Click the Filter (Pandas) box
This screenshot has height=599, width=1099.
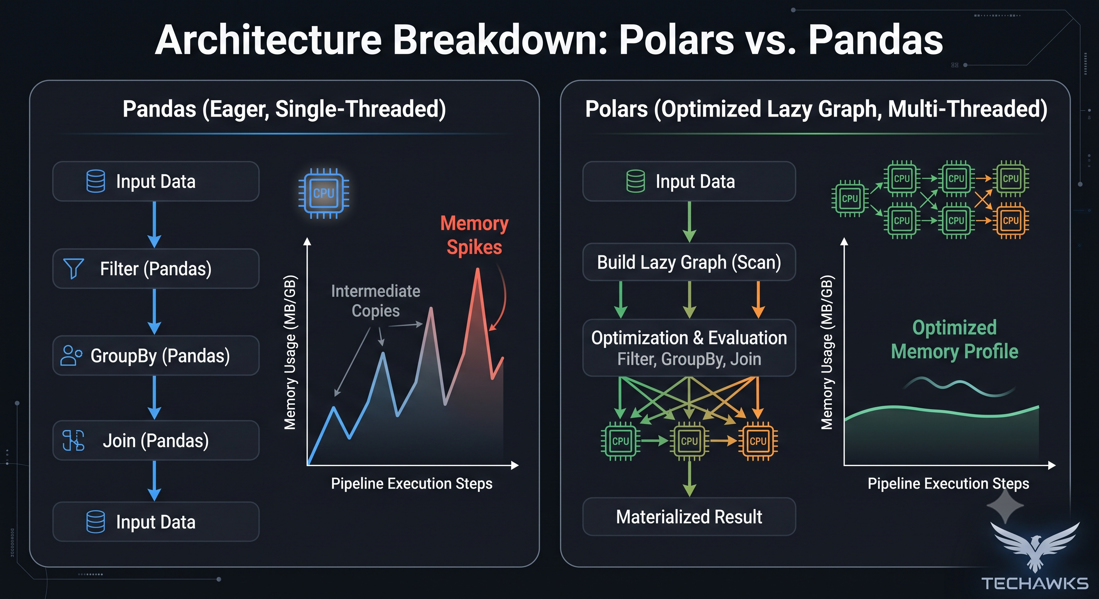click(156, 269)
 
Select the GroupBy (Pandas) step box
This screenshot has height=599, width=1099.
click(156, 356)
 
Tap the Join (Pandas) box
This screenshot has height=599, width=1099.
click(156, 440)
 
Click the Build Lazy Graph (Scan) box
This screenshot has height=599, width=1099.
click(689, 262)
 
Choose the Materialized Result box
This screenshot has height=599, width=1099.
click(689, 517)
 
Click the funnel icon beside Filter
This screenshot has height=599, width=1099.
click(73, 269)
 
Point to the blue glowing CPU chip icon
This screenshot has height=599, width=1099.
click(324, 193)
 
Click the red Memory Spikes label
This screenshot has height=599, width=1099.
click(475, 235)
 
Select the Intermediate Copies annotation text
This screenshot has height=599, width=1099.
click(375, 301)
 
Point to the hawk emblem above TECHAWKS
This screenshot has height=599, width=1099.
click(1035, 546)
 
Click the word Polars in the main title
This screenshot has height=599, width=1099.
click(676, 40)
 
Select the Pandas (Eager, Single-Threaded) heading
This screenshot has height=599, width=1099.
click(284, 109)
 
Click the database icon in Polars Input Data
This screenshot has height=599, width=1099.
click(636, 181)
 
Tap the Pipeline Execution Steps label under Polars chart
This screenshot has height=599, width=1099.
click(948, 484)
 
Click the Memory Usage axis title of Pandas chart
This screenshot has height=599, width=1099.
click(290, 352)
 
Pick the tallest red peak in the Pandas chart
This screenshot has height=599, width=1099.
click(478, 269)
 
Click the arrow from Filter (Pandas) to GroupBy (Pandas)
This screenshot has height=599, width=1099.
click(155, 312)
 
